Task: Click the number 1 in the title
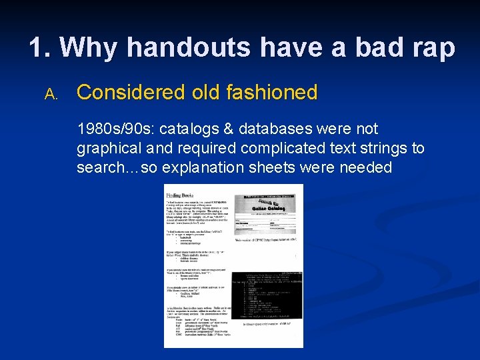click(x=37, y=48)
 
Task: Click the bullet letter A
click(x=51, y=95)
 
